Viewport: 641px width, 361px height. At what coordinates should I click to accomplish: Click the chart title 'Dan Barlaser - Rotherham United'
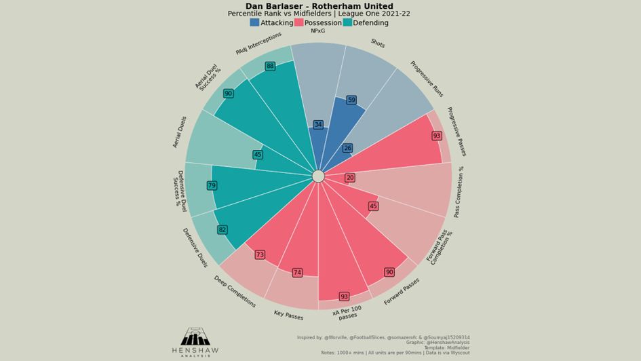point(319,6)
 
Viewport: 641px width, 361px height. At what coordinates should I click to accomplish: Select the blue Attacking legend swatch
point(254,22)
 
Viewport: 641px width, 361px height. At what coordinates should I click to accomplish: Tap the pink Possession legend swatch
point(298,22)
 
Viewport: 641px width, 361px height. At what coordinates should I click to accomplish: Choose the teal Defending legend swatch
point(347,22)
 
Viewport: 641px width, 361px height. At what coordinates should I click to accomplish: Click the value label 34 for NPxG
point(318,125)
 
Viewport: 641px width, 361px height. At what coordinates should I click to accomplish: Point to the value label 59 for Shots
point(351,100)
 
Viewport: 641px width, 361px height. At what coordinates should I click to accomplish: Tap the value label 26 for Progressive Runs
point(348,148)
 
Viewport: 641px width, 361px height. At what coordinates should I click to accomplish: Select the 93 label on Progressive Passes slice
point(437,136)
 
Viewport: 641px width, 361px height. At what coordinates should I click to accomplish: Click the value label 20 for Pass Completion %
point(350,178)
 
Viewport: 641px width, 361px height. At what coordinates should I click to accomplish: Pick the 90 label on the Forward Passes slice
point(389,272)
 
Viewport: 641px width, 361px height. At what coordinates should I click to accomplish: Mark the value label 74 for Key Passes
point(297,273)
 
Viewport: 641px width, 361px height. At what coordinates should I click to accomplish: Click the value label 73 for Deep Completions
point(260,255)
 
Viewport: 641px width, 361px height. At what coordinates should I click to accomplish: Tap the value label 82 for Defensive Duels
point(222,230)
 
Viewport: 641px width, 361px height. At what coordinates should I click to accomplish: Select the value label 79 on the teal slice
point(212,186)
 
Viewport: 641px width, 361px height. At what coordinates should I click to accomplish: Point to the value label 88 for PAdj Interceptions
point(270,66)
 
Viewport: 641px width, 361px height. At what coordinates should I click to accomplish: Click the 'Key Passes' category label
point(288,316)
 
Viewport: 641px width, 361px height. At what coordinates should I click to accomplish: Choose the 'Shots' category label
point(378,44)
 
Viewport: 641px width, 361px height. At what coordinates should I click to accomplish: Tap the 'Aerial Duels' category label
point(180,132)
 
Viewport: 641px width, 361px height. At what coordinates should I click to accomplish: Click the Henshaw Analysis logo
point(195,341)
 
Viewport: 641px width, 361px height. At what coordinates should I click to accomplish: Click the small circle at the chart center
point(318,176)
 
